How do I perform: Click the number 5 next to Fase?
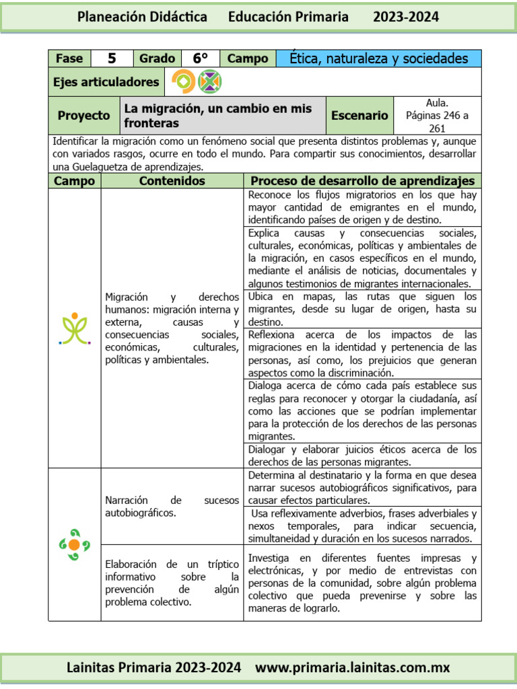point(112,59)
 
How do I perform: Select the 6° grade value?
point(201,59)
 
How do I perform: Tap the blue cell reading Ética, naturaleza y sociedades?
point(378,59)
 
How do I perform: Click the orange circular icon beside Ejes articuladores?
point(182,82)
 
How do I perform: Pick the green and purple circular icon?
point(209,82)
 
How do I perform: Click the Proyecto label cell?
point(83,116)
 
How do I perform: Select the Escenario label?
point(359,116)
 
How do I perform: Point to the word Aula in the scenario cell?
point(437,103)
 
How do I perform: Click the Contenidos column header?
point(172,181)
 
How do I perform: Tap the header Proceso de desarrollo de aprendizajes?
point(362,181)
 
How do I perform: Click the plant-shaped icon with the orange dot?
point(74,328)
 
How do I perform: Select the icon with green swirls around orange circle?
point(74,544)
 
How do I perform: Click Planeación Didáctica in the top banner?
point(142,17)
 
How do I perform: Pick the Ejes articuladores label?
point(106,82)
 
